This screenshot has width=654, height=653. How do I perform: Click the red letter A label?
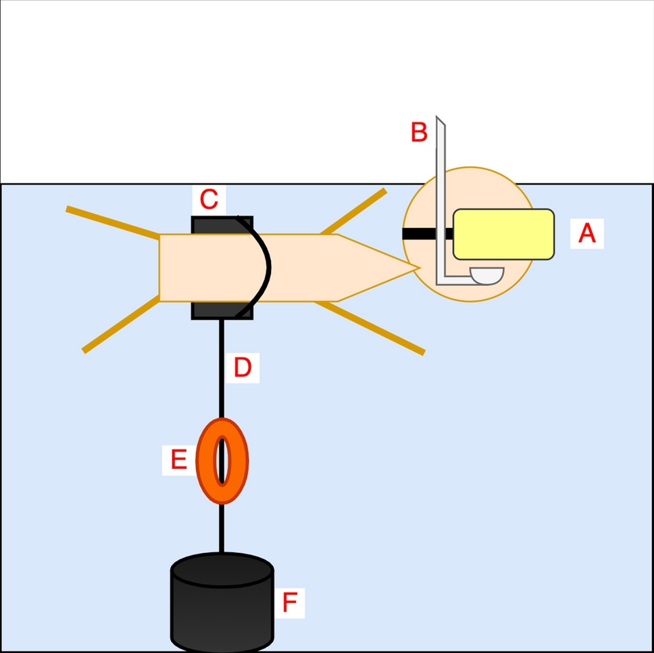587,233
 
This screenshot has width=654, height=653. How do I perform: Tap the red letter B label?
419,132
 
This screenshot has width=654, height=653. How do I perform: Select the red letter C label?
209,199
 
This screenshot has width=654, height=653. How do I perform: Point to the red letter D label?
242,368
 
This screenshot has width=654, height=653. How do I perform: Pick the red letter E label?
178,460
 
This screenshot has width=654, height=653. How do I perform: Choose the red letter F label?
289,602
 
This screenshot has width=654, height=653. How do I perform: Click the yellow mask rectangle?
503,234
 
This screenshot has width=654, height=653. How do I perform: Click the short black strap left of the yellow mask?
420,234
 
